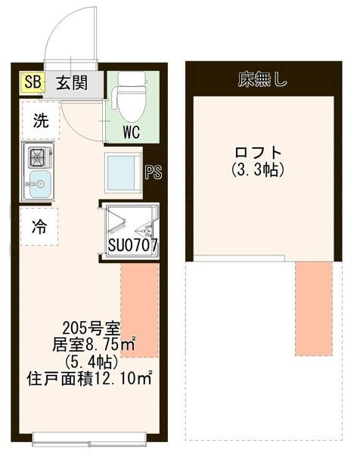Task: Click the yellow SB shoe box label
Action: pyautogui.click(x=33, y=82)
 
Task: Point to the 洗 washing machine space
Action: pyautogui.click(x=39, y=120)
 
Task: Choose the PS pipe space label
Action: pyautogui.click(x=153, y=172)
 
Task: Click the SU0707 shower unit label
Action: pyautogui.click(x=132, y=246)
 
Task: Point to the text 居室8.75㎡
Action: pyautogui.click(x=93, y=345)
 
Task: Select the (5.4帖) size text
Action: pyautogui.click(x=89, y=361)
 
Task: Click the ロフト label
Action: pyautogui.click(x=257, y=152)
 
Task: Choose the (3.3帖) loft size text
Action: pyautogui.click(x=258, y=171)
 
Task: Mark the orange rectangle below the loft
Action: pyautogui.click(x=313, y=308)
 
